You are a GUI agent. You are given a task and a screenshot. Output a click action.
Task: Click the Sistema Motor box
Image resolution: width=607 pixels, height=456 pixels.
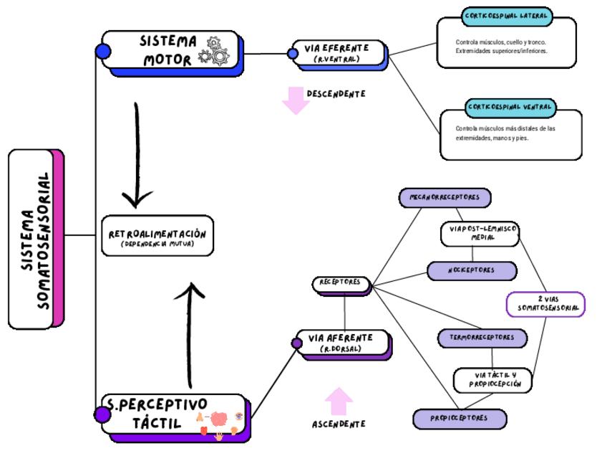(169, 50)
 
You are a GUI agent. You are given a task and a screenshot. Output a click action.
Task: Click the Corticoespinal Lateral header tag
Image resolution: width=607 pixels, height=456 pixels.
(507, 16)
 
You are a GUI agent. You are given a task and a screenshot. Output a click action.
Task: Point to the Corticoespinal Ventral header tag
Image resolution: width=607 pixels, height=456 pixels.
(510, 108)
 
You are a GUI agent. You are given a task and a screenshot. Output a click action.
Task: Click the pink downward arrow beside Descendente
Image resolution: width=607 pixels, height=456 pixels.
(296, 100)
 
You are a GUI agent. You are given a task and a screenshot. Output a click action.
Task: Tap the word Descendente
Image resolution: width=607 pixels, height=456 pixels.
(336, 94)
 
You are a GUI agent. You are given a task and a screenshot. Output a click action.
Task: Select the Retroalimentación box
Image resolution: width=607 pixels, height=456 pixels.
(157, 235)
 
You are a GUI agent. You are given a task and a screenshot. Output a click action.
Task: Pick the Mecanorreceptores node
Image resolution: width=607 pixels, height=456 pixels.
(445, 197)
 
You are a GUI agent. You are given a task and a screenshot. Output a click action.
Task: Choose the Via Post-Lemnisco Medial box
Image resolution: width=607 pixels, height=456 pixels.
(479, 233)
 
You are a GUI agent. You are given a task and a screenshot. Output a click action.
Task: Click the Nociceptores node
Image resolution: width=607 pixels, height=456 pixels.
(472, 271)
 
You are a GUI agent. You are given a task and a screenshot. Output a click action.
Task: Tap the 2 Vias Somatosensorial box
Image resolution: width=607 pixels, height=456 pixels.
(545, 304)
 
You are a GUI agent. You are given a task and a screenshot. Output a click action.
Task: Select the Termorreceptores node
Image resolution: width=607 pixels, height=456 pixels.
(482, 337)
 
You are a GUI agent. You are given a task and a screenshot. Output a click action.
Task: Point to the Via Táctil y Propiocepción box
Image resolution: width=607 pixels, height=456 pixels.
(492, 380)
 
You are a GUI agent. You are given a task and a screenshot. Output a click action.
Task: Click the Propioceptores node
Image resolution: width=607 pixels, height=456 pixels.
(460, 418)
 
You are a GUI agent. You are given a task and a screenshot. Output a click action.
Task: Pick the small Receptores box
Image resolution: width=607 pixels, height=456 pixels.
(341, 283)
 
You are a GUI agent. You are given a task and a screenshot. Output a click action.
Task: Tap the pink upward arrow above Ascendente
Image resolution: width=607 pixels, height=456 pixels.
(339, 401)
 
